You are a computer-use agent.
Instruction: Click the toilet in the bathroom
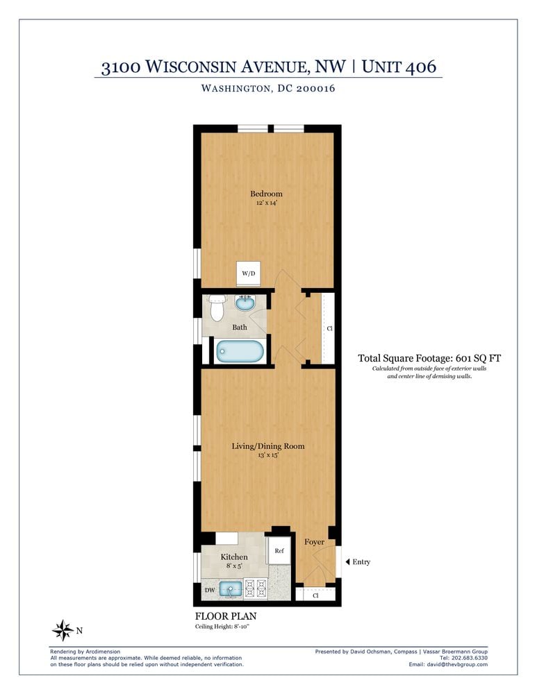point(217,307)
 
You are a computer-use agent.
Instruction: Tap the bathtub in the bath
point(239,350)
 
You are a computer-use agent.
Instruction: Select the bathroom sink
point(245,303)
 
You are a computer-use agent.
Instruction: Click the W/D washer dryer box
point(248,274)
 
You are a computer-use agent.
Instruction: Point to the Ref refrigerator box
point(279,551)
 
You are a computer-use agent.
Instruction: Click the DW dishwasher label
point(209,591)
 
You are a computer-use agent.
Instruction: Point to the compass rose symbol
point(63,630)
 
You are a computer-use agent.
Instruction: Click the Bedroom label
point(267,194)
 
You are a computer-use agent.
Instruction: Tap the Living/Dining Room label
point(268,446)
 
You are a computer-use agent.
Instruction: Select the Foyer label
point(314,541)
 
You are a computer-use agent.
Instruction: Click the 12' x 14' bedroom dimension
point(267,203)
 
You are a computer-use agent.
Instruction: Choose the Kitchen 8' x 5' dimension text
point(233,566)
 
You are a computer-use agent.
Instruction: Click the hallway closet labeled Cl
point(329,328)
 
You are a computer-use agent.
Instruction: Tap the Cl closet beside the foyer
point(315,595)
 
